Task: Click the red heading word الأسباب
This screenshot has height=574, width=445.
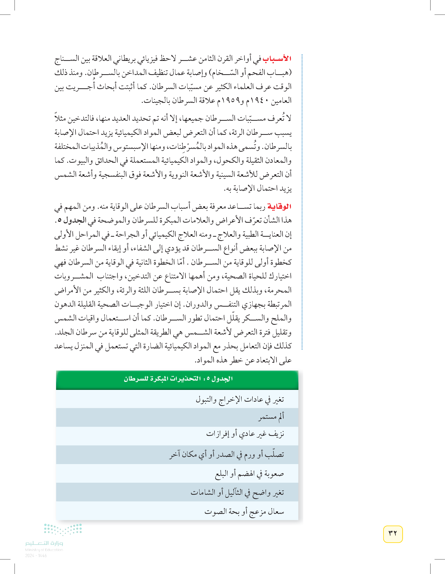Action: (x=277, y=58)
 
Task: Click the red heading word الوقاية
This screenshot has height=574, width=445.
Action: (x=279, y=207)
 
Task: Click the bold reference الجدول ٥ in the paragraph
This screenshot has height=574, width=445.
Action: (x=72, y=221)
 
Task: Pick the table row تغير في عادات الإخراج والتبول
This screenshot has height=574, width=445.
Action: (x=240, y=399)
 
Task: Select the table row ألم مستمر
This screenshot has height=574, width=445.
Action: (x=271, y=417)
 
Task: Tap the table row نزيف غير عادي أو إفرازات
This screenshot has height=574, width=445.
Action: (x=245, y=434)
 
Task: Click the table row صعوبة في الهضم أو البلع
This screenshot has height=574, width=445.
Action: (x=249, y=474)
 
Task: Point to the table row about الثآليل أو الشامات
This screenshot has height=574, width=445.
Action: (x=237, y=492)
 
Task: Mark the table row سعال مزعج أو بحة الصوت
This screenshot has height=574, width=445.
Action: (x=244, y=511)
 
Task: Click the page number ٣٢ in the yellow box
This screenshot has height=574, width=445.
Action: (x=393, y=534)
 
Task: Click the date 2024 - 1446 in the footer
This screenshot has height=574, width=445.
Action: (x=36, y=556)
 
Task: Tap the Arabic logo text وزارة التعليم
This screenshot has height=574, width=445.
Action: (x=44, y=543)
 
